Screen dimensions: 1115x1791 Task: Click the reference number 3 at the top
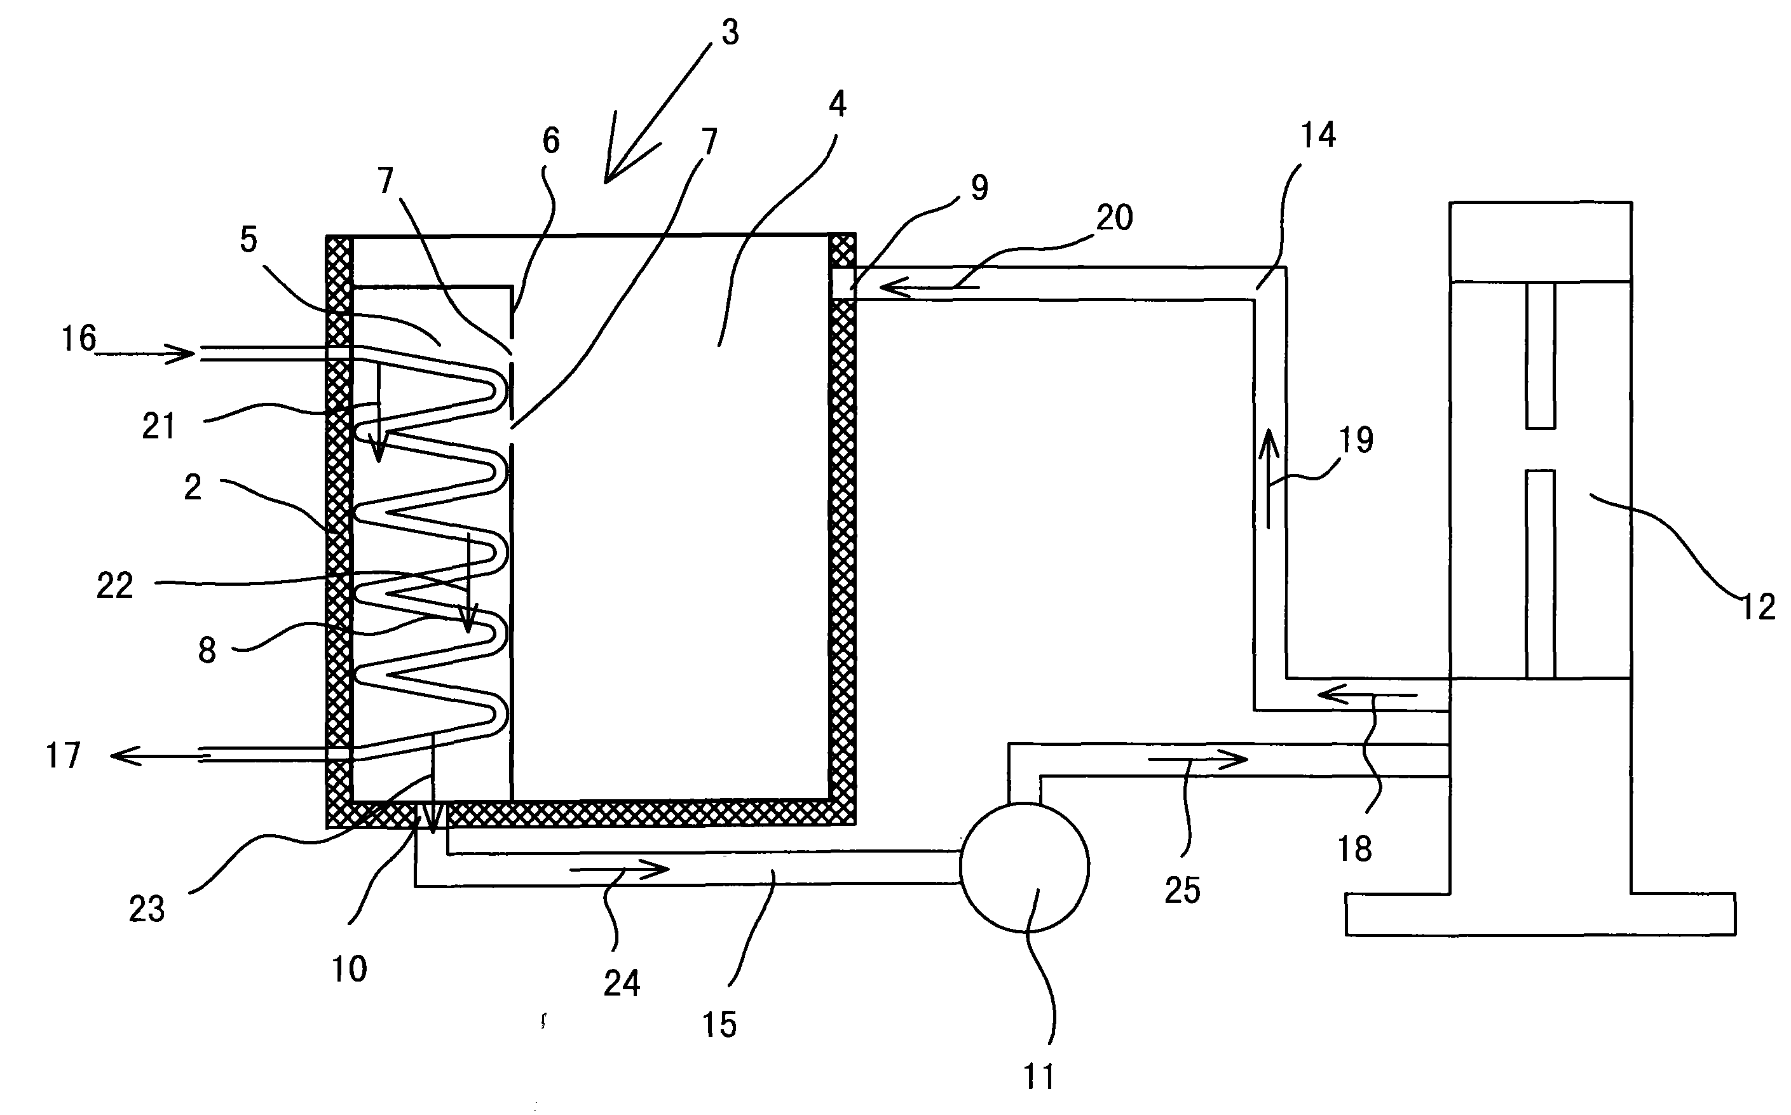coord(730,33)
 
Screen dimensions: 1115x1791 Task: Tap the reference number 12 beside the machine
coord(1757,607)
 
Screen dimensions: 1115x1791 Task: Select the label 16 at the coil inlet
coord(78,339)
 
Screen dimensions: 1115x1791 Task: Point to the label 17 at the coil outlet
coord(63,756)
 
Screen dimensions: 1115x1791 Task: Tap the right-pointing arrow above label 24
coord(620,869)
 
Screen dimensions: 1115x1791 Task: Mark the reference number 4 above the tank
coord(837,105)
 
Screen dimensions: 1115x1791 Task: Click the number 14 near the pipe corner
coord(1318,135)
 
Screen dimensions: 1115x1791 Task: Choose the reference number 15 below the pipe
coord(719,1024)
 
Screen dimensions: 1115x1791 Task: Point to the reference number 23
coord(146,909)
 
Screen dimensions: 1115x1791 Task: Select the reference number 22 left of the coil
coord(114,586)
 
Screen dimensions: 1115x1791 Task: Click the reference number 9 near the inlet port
coord(979,188)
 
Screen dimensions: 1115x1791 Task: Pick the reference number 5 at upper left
coord(249,240)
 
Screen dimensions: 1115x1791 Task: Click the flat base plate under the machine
coord(1540,914)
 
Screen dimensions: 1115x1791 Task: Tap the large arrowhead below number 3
coord(620,166)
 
